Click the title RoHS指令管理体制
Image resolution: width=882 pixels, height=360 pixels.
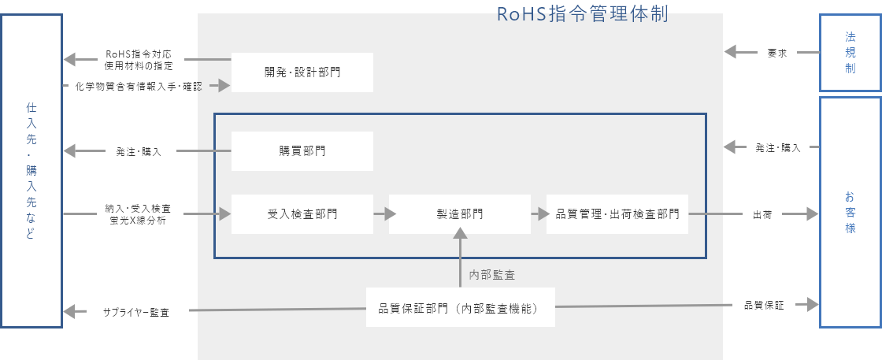(x=583, y=14)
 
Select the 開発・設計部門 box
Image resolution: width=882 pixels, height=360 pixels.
(x=302, y=72)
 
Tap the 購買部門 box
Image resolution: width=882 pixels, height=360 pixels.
(x=302, y=151)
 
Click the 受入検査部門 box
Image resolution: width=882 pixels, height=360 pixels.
(x=302, y=213)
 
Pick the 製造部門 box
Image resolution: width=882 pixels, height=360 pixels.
(x=460, y=213)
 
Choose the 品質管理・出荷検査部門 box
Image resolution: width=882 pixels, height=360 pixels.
(x=617, y=213)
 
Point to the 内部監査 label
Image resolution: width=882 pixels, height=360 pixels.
(x=492, y=275)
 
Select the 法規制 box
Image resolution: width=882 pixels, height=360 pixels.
(x=850, y=53)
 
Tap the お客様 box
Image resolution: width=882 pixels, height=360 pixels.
(x=850, y=212)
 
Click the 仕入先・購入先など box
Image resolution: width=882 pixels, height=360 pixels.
(x=31, y=169)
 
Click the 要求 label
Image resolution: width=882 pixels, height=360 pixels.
(x=777, y=54)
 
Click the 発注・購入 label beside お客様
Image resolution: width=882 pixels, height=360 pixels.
(x=777, y=147)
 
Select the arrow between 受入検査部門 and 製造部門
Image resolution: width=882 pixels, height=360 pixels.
(x=384, y=213)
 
